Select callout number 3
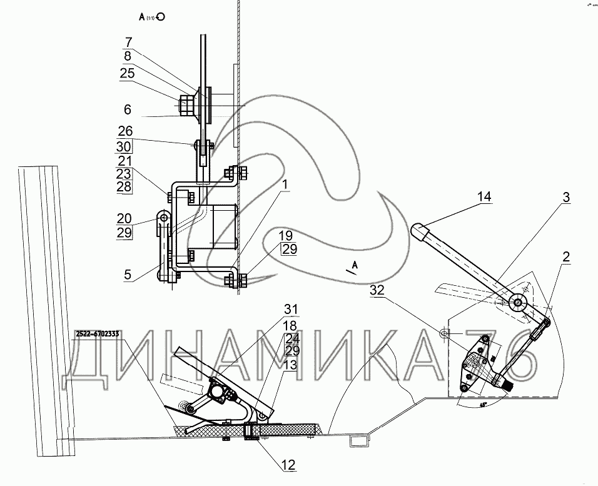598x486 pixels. [x=565, y=198]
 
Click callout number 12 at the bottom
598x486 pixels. [x=288, y=465]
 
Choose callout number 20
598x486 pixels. [x=124, y=219]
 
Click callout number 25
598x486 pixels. [x=128, y=74]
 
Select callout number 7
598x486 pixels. [x=128, y=43]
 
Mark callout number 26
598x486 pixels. [x=124, y=131]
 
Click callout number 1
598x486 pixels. [x=285, y=186]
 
